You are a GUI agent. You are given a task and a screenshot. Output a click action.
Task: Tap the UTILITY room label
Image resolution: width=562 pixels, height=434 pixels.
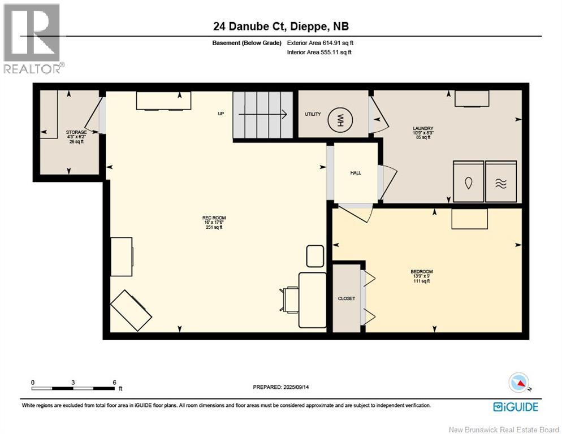coord(313,114)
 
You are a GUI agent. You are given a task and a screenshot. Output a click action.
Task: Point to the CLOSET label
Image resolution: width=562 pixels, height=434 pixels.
coord(346,298)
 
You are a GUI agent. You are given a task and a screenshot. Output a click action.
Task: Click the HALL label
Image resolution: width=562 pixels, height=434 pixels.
coord(355,173)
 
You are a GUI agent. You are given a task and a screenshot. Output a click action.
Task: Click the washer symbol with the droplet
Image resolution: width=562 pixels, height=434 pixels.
coord(468,183)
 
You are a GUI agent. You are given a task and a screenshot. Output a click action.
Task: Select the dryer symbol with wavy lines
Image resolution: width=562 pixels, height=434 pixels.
coord(501,183)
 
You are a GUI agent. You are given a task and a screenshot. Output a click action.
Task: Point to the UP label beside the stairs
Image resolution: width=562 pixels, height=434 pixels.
coord(221,114)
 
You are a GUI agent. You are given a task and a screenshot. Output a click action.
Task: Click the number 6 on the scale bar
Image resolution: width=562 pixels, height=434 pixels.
coord(114,383)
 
